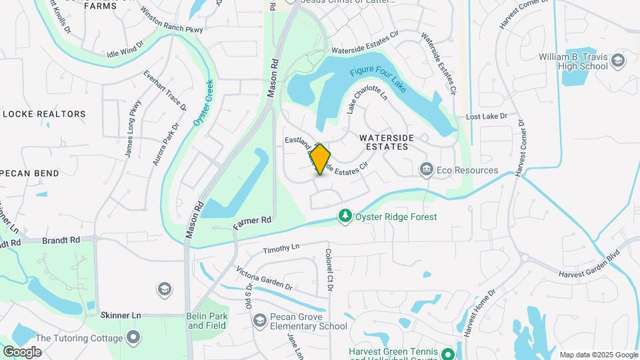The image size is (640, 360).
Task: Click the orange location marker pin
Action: coord(321,159)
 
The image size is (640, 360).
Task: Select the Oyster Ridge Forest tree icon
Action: coord(345,216)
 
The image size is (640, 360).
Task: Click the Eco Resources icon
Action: coord(426,170)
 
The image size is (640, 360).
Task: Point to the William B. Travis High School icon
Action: coord(618,61)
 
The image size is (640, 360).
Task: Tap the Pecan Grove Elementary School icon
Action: coord(259,321)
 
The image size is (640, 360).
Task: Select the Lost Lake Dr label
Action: coord(487,117)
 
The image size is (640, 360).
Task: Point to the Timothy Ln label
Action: coord(281,249)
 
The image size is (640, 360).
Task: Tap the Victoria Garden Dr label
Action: coord(265,278)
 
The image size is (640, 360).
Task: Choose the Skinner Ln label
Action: coord(121,315)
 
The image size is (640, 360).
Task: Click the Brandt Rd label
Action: coord(61,239)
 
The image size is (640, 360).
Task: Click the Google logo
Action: coord(22,351)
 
